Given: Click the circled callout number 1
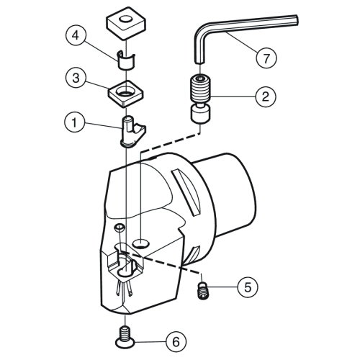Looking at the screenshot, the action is (x=75, y=122).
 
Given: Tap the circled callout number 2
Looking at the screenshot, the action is (x=266, y=96).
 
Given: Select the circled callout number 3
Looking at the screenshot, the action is (x=76, y=78).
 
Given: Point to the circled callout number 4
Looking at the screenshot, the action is (x=76, y=36).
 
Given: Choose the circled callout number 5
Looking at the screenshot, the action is (x=248, y=287).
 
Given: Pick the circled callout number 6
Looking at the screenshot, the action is (x=176, y=341).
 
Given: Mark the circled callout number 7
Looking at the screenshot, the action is (x=266, y=58).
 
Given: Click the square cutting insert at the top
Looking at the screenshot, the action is (x=125, y=26).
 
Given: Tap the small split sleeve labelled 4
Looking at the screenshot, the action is (x=126, y=60).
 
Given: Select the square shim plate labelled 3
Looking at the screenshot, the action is (x=126, y=94).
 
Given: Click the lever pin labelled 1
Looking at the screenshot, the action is (x=132, y=132).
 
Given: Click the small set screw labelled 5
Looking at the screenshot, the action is (x=202, y=291).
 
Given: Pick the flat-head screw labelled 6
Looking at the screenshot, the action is (x=125, y=336).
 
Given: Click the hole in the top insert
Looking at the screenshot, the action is (x=126, y=19).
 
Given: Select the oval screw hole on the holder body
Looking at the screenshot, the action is (x=141, y=243).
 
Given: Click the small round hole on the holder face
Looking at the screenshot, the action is (x=119, y=228).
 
